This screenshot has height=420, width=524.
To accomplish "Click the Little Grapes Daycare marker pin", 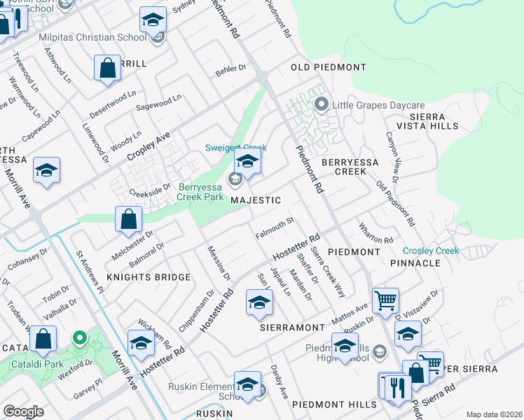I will click(322, 106).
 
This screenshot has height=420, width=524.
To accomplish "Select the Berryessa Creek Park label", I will click(201, 192).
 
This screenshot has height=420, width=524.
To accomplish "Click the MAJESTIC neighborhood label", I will click(256, 200).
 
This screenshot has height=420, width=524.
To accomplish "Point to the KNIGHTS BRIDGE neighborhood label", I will click(149, 277).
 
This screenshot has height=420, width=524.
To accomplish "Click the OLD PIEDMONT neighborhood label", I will click(329, 67).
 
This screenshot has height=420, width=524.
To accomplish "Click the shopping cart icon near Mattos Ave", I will click(385, 301).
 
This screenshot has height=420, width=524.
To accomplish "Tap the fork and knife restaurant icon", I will click(398, 386).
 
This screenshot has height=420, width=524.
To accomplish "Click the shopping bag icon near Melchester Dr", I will click(129, 219).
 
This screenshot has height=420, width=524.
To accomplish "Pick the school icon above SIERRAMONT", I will click(258, 302).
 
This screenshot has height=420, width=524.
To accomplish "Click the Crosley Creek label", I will click(431, 251).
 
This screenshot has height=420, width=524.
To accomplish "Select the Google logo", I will click(23, 412).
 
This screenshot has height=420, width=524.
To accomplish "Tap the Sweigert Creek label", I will click(235, 148).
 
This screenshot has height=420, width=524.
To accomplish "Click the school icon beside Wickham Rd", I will click(141, 343).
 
